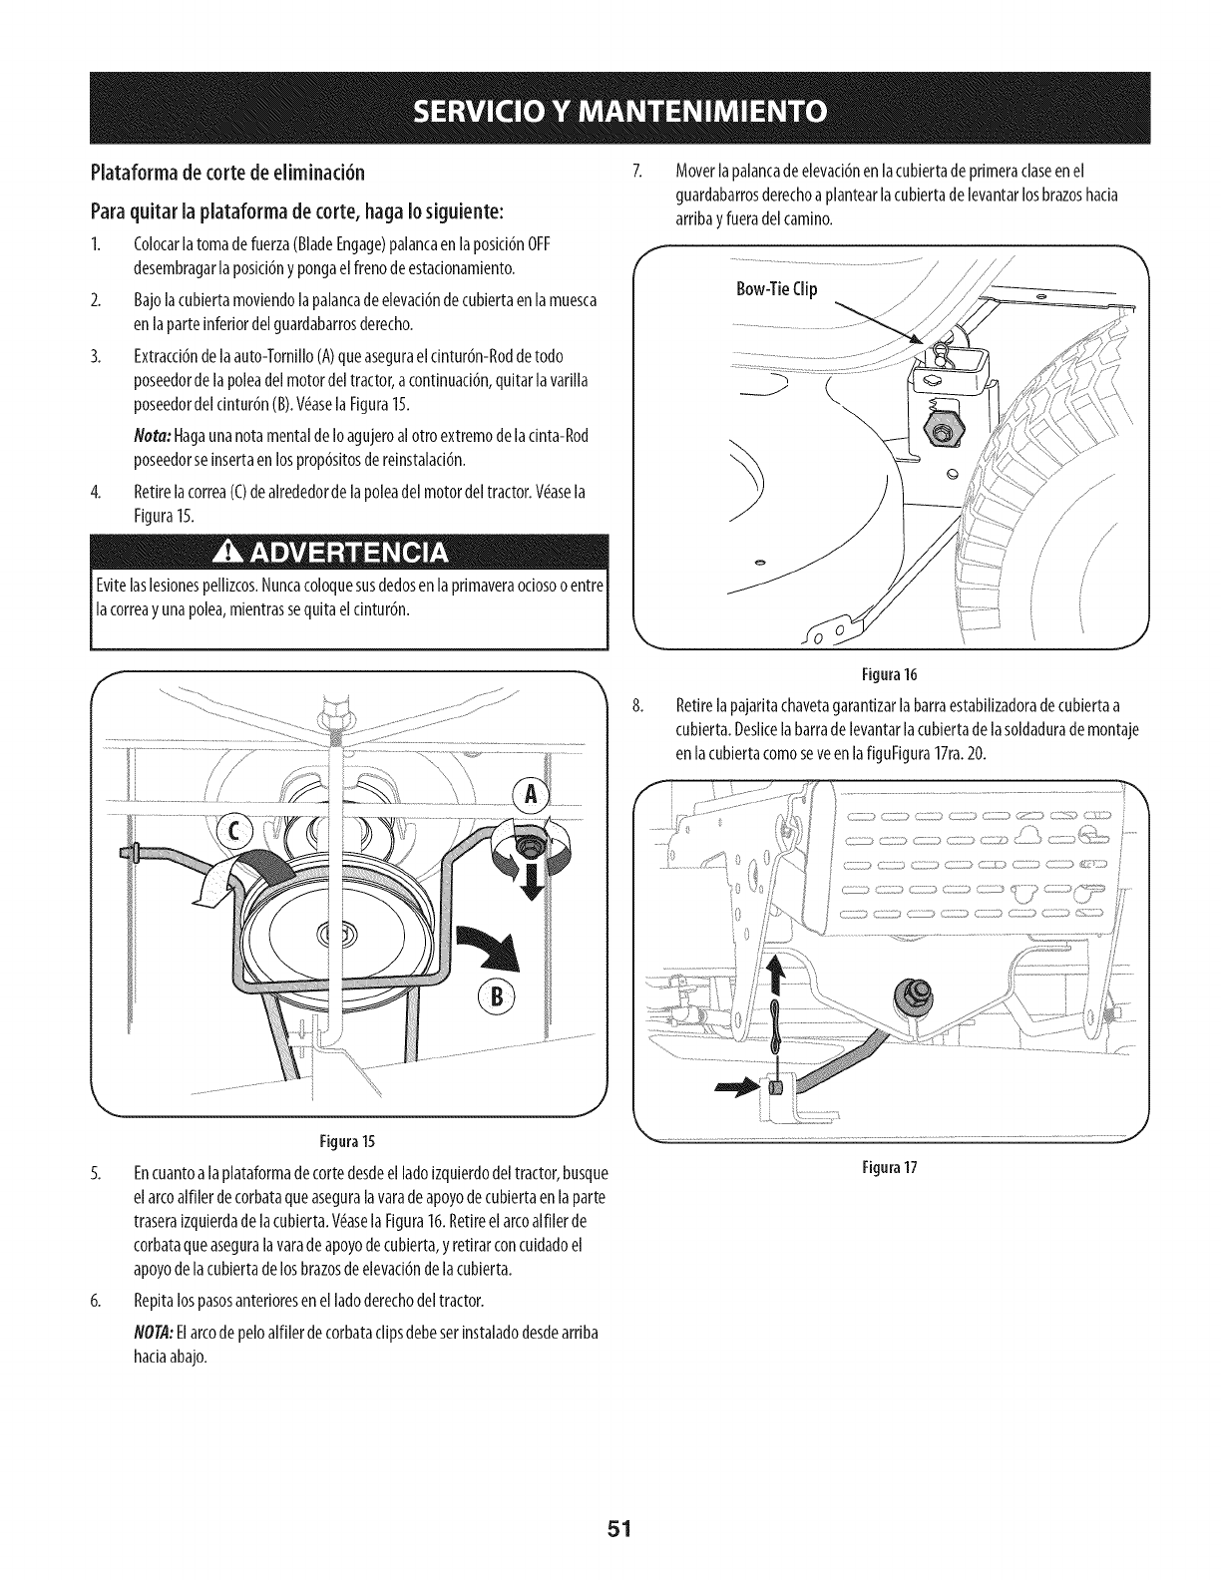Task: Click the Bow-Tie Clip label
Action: [x=776, y=289]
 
